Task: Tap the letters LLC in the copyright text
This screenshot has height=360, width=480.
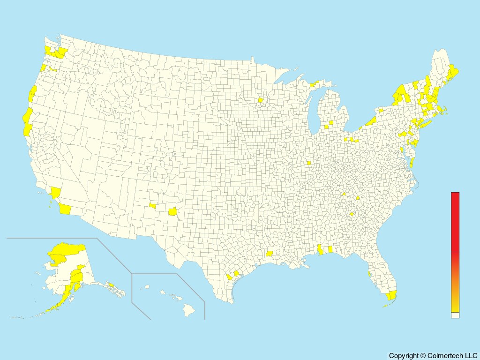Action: pyautogui.click(x=469, y=356)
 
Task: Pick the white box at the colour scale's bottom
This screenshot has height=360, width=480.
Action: pyautogui.click(x=455, y=315)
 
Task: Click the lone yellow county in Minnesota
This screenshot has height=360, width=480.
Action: pyautogui.click(x=260, y=100)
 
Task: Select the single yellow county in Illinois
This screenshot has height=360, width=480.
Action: pyautogui.click(x=308, y=163)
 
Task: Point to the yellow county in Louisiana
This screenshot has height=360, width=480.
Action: pyautogui.click(x=270, y=254)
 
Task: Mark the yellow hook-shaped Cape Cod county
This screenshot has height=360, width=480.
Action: pyautogui.click(x=442, y=111)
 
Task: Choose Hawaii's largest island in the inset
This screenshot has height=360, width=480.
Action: pyautogui.click(x=189, y=309)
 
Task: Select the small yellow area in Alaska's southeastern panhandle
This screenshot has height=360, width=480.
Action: pyautogui.click(x=112, y=284)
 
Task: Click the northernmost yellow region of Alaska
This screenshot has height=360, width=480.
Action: pyautogui.click(x=70, y=247)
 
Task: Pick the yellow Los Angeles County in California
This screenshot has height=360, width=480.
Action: pyautogui.click(x=56, y=193)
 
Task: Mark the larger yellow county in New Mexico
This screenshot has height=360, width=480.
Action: pyautogui.click(x=173, y=211)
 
